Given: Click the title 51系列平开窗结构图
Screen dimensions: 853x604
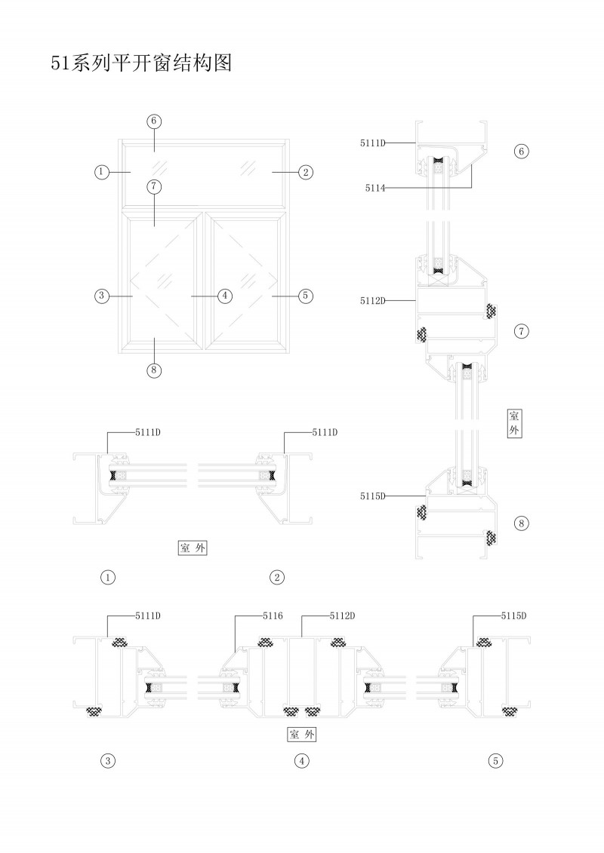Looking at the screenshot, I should (x=140, y=63).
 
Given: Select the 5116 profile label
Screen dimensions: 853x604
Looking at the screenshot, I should (x=273, y=616).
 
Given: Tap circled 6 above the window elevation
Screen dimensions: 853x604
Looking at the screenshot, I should (x=154, y=121).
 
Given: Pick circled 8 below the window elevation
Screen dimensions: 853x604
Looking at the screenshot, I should (x=154, y=370).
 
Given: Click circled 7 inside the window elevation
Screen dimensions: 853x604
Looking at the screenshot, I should (x=154, y=186).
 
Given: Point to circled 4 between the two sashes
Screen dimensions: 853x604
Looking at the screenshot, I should (x=224, y=296).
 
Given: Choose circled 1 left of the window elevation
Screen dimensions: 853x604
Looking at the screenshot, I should (x=102, y=172).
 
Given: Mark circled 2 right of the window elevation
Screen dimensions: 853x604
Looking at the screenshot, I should (x=305, y=172).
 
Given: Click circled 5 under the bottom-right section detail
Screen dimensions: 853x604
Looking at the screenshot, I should (x=495, y=760).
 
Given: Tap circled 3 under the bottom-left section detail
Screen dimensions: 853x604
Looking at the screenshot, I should (x=109, y=760).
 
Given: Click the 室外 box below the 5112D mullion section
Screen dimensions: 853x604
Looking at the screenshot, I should (x=302, y=734).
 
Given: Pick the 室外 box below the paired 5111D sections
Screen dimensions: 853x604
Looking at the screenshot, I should (x=193, y=548).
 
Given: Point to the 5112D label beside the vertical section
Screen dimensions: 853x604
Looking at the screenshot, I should (x=373, y=301).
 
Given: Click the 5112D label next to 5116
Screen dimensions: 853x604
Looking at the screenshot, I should (x=343, y=616).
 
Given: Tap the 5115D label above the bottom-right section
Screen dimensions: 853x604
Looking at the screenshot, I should (x=513, y=616).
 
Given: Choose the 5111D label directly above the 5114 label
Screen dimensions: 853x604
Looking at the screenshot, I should (x=373, y=141).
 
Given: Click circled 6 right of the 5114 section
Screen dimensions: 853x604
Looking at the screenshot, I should (x=521, y=152).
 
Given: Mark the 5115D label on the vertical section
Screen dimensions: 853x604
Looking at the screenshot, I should (x=373, y=496).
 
